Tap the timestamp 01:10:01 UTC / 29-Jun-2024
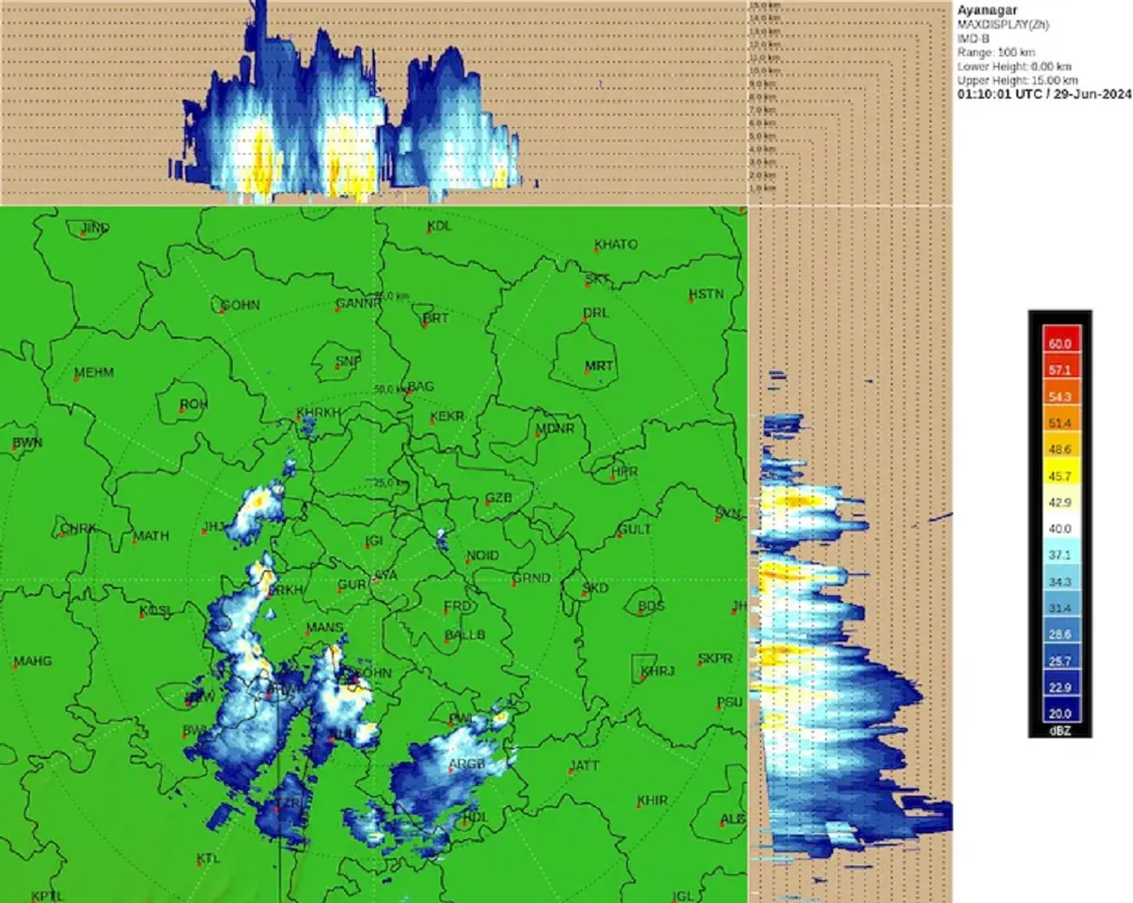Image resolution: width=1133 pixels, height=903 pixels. pos(1044,95)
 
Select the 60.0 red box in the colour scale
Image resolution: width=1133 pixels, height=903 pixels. pos(1060,344)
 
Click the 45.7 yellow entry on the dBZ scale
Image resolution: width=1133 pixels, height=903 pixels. pos(1060,476)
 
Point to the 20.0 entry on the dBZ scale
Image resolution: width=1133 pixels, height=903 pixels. pos(1060,713)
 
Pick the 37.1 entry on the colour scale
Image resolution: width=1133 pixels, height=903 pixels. pos(1060,555)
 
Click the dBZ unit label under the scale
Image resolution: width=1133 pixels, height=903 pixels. pos(1060,730)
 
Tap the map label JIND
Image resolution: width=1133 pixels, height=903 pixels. pos(95,228)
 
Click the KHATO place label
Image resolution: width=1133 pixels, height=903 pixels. pos(615,245)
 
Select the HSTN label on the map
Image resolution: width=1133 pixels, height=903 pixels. pos(706,294)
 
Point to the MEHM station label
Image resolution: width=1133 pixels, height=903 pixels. pos(93,372)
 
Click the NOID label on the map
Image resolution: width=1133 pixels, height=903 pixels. pos(482,556)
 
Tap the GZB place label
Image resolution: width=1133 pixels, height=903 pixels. pos(498,498)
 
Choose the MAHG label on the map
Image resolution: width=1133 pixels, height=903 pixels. pos(32,660)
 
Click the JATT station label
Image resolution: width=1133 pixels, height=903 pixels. pos(584,766)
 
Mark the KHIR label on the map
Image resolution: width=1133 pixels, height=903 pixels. pos(652,800)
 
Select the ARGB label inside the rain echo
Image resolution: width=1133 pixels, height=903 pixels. pos(466,764)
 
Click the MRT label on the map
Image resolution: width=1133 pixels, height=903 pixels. pos(598,366)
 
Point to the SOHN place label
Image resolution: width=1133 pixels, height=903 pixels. pos(240,306)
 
